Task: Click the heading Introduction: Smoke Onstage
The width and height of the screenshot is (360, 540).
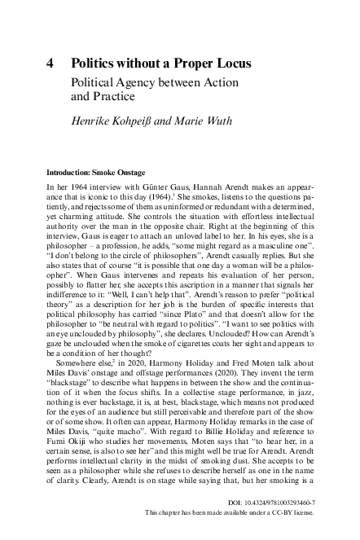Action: tap(96, 173)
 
